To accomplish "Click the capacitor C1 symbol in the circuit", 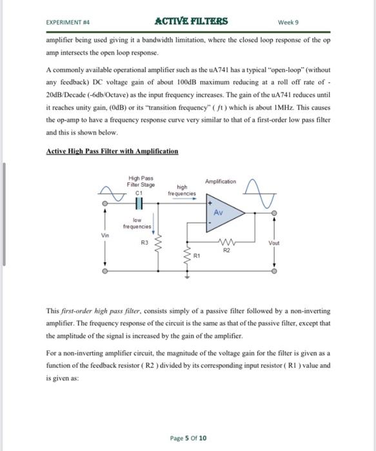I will coord(138,203).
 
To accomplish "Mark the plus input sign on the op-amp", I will coord(209,202).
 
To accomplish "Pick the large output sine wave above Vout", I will coord(264,191).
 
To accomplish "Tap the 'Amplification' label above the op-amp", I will coord(221,182).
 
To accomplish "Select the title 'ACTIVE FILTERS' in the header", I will coord(192,21).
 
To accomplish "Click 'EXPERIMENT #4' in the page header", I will coord(67,22).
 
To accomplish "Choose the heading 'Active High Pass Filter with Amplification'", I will coord(112,151).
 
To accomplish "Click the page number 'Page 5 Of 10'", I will coord(188,438).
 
